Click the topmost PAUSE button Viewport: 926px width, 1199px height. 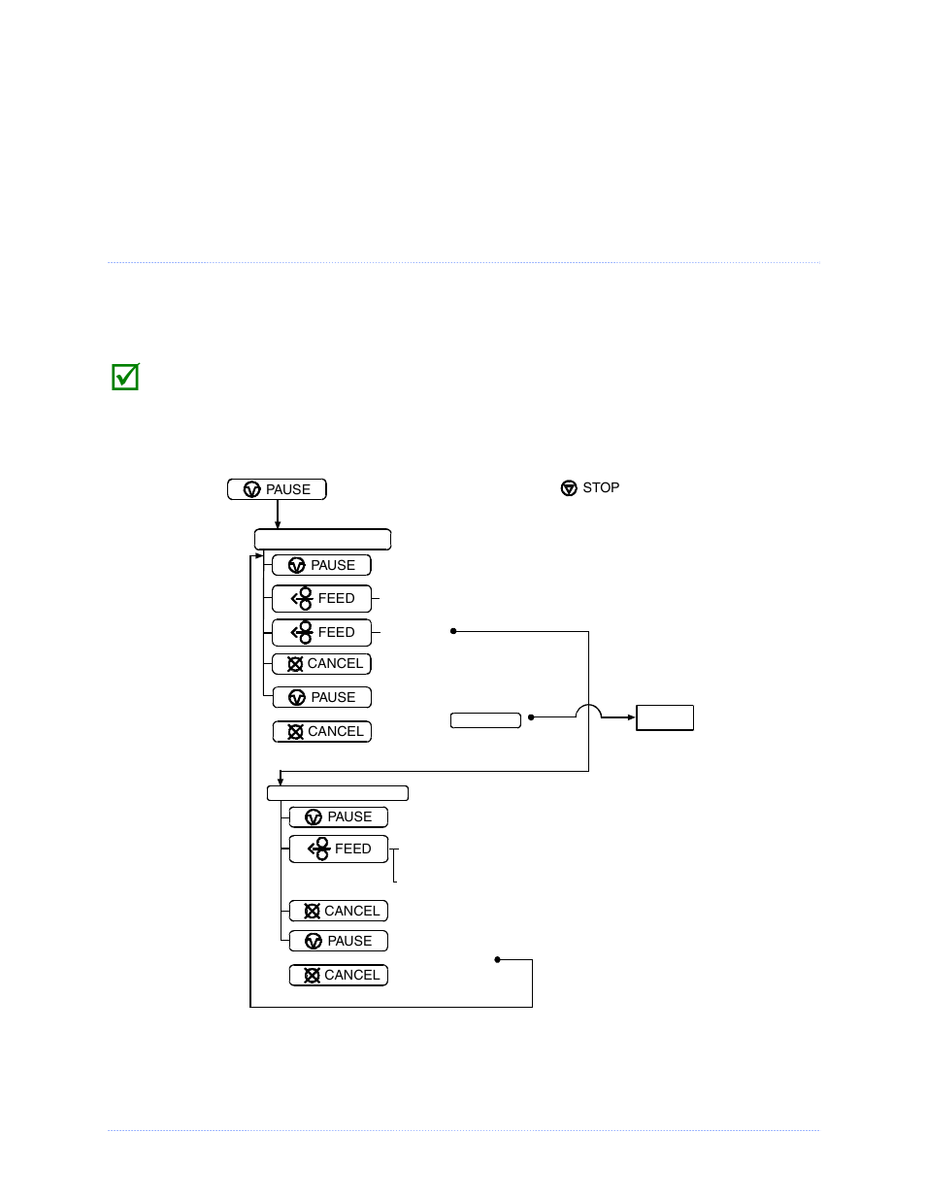coord(277,489)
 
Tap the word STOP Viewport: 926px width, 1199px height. coord(601,487)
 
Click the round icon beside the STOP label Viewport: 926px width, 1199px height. coord(569,488)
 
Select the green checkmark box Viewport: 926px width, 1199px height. coord(125,377)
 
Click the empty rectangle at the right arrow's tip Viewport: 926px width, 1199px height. coord(665,717)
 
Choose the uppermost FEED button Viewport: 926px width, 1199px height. coord(321,598)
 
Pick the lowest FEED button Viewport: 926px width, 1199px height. coord(338,849)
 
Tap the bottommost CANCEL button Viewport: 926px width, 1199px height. coord(338,975)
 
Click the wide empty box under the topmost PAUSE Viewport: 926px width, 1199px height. coord(322,539)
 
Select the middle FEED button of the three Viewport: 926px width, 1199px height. coord(321,632)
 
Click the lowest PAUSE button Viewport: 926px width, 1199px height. coord(338,941)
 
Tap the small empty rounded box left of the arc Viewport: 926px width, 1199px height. coord(485,719)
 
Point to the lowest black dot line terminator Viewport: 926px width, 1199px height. coord(497,959)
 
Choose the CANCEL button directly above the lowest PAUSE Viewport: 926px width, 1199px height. coord(338,911)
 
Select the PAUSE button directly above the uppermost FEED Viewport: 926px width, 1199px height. coord(321,565)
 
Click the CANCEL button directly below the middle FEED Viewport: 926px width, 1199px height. coord(321,664)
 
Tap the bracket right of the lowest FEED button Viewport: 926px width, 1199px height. coord(394,864)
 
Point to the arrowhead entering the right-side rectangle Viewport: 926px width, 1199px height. coord(631,717)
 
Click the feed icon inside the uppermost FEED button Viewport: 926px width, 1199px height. coord(302,598)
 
